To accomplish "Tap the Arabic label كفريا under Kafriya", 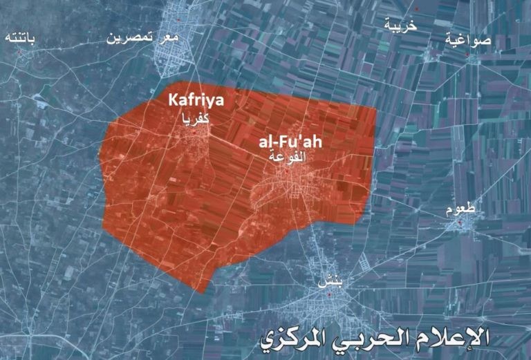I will (196, 120).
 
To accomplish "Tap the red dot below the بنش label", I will (330, 295).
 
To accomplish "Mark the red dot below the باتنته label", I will (21, 55).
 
